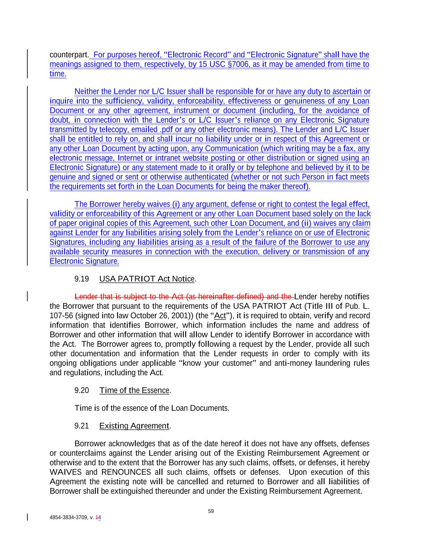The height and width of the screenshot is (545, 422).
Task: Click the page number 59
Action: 211,511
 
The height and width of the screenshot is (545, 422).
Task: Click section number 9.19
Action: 82,279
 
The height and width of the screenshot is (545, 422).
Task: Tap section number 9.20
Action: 82,390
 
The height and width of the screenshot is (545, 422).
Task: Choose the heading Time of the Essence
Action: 134,390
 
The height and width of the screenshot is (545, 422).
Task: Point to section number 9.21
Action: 82,426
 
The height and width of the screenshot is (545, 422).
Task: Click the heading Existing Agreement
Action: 134,426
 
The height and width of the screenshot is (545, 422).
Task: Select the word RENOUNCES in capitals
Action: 126,472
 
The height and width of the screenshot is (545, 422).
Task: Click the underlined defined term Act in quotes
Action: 220,316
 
